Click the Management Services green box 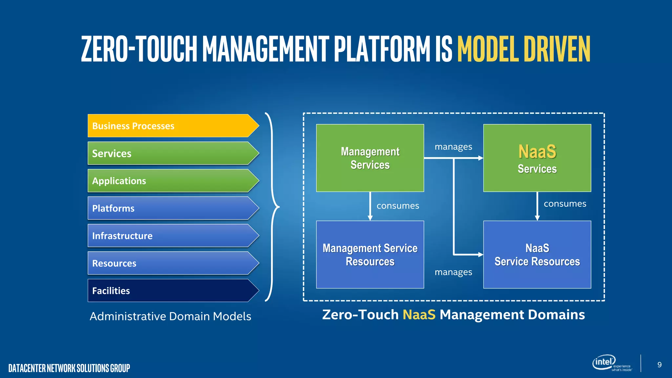[x=370, y=158]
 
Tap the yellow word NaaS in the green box [x=537, y=152]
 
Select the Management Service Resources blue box [x=370, y=255]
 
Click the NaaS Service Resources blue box [x=537, y=255]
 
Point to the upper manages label [x=453, y=147]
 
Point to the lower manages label [x=453, y=272]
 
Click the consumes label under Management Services [x=398, y=206]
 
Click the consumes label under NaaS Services [x=565, y=204]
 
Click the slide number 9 [x=659, y=365]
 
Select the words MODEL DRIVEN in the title [x=524, y=49]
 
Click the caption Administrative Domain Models [x=170, y=316]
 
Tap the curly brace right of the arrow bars [x=272, y=207]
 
